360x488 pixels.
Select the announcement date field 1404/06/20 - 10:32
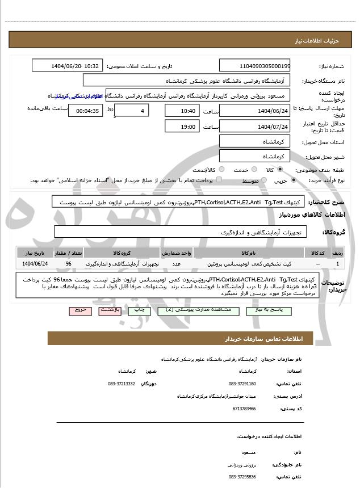click(68, 66)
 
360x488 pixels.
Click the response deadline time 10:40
click(181, 111)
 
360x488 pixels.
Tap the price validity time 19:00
click(181, 127)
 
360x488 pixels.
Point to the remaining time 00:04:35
click(85, 111)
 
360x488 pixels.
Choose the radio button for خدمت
click(254, 170)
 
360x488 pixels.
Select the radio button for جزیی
click(293, 180)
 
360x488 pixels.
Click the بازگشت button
click(108, 311)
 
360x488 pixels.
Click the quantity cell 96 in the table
click(69, 264)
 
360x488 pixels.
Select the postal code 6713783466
click(244, 409)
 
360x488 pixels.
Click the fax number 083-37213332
click(121, 384)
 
